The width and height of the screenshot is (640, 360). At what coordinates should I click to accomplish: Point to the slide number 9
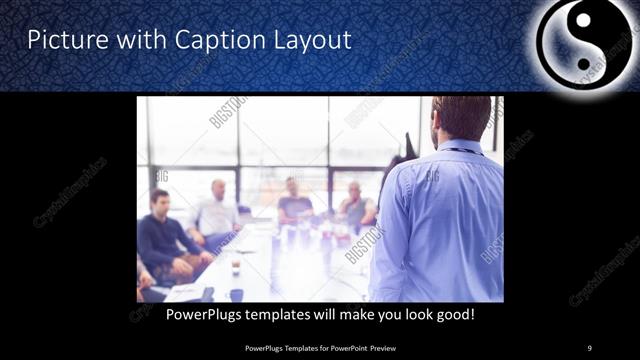tap(589, 347)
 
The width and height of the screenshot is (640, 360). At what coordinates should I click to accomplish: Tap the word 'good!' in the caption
tap(452, 315)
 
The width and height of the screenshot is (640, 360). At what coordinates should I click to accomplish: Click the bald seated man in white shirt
tap(217, 212)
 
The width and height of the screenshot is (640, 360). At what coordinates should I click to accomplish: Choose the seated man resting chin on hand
tap(355, 205)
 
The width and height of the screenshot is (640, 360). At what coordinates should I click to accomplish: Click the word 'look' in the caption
tap(413, 315)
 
